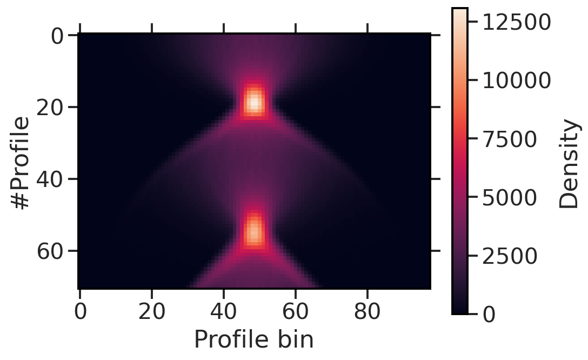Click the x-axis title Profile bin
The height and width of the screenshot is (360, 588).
point(253,341)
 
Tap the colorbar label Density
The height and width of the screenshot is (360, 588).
point(569,164)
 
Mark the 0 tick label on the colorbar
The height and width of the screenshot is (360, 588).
point(489,314)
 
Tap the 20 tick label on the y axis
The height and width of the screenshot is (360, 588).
point(50,108)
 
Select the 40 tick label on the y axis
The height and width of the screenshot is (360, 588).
point(50,179)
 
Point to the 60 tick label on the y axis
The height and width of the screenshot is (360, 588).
point(50,251)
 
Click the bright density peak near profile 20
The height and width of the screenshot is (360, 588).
point(254,102)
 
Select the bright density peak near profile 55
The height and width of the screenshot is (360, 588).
point(254,230)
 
